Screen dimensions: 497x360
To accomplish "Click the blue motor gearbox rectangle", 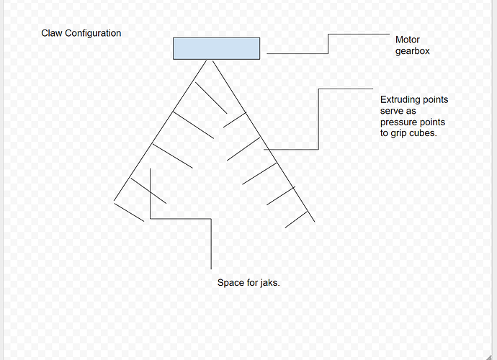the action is pyautogui.click(x=217, y=48).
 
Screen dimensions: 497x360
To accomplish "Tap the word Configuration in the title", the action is pyautogui.click(x=93, y=33).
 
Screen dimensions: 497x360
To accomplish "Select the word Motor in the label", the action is pyautogui.click(x=407, y=40).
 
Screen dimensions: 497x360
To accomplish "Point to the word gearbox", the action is pyautogui.click(x=413, y=51).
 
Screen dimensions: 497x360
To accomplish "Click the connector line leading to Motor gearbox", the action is pyautogui.click(x=328, y=44).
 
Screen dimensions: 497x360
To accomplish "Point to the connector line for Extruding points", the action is pyautogui.click(x=318, y=119).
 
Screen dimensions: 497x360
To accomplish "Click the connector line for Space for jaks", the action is pyautogui.click(x=181, y=219).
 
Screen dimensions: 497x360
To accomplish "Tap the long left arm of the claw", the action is pyautogui.click(x=160, y=130).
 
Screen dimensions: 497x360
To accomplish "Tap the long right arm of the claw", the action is pyautogui.click(x=264, y=141).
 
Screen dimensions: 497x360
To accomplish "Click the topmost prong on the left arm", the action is pyautogui.click(x=211, y=98).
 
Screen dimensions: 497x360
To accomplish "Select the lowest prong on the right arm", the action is pyautogui.click(x=296, y=220).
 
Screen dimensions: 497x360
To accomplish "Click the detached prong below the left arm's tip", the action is pyautogui.click(x=129, y=212).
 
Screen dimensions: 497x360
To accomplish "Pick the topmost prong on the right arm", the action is pyautogui.click(x=235, y=120).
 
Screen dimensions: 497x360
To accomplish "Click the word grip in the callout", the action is pyautogui.click(x=397, y=133).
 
